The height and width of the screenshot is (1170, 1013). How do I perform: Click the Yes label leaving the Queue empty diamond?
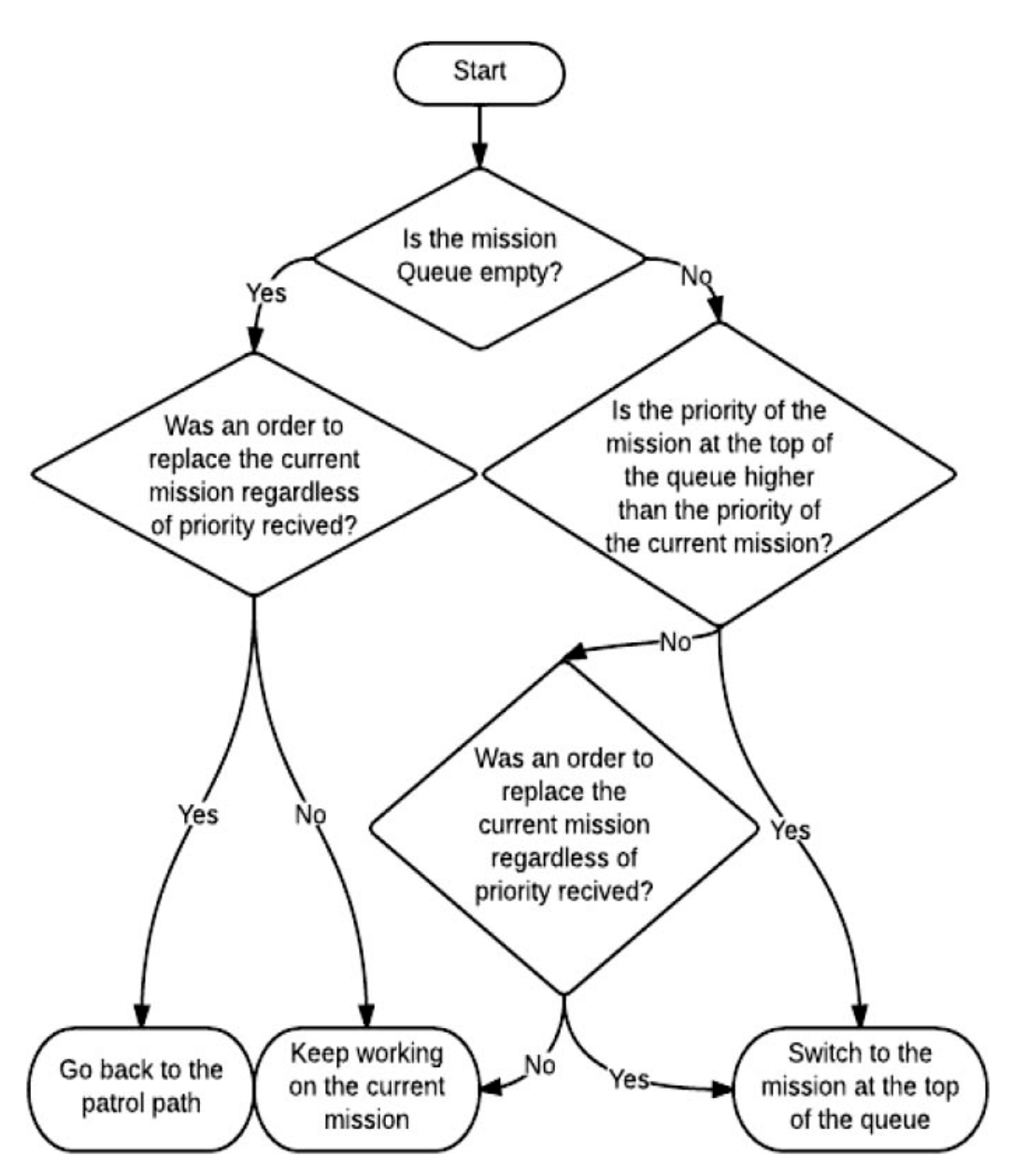tap(266, 292)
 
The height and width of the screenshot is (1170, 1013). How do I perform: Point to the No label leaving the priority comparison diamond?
tap(676, 643)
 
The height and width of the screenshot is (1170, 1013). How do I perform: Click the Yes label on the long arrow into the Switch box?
tap(791, 830)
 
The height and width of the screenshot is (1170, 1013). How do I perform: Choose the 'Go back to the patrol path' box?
tap(140, 1086)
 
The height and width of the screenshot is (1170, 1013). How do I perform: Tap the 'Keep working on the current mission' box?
tap(366, 1086)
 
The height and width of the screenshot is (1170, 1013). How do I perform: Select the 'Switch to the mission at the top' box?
tap(859, 1086)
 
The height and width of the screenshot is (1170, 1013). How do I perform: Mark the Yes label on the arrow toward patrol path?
tap(198, 815)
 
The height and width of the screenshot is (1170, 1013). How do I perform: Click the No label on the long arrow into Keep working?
tap(311, 815)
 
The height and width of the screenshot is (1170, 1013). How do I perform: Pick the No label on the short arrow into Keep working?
tap(539, 1065)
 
